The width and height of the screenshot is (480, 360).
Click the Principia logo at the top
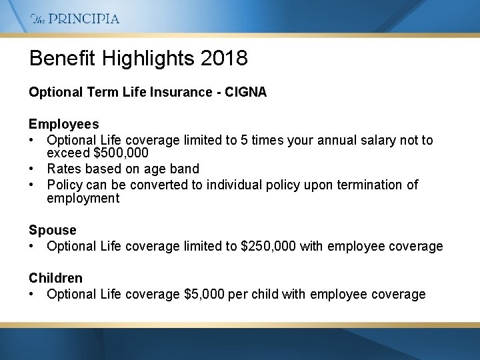(x=75, y=19)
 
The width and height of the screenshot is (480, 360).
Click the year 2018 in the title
(x=224, y=58)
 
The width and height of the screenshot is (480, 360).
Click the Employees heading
(x=63, y=124)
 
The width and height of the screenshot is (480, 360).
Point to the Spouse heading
(x=53, y=230)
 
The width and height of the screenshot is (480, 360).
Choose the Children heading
(x=55, y=278)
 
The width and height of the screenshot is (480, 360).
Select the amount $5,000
(x=204, y=295)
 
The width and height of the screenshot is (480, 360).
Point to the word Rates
(x=65, y=169)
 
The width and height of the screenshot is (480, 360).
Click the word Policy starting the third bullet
(x=65, y=185)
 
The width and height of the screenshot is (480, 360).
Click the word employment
(x=83, y=199)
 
